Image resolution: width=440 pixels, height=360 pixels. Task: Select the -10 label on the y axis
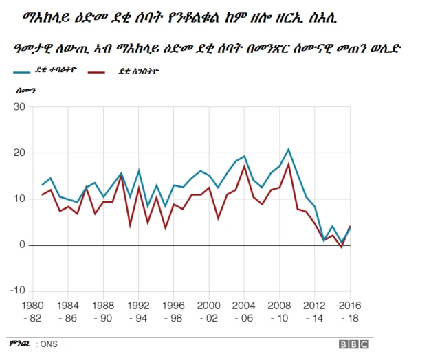click(x=17, y=290)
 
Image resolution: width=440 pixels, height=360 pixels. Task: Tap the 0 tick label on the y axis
click(x=22, y=245)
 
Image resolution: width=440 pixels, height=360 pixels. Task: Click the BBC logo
click(x=353, y=344)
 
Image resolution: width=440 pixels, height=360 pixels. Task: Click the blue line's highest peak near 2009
click(x=289, y=149)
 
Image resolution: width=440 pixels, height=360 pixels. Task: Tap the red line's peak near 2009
click(x=289, y=164)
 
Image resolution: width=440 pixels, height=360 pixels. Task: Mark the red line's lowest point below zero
click(x=342, y=247)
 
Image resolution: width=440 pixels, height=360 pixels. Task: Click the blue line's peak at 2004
click(x=244, y=156)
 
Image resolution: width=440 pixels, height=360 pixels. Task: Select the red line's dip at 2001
click(x=219, y=218)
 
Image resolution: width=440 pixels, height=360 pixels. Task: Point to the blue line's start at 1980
click(x=42, y=185)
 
